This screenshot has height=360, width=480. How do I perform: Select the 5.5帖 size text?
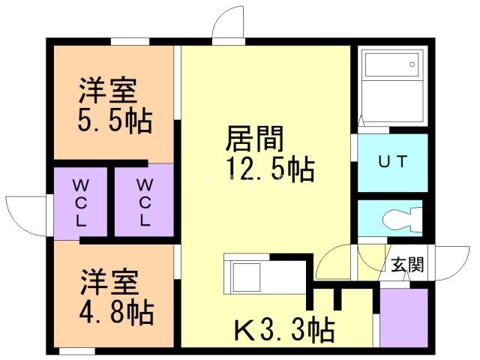click(114, 120)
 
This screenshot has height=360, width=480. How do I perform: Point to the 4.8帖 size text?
click(116, 311)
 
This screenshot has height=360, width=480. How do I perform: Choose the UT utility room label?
click(392, 162)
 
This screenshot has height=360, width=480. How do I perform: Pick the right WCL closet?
click(145, 202)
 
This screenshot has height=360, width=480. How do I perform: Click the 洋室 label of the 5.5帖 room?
click(109, 91)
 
